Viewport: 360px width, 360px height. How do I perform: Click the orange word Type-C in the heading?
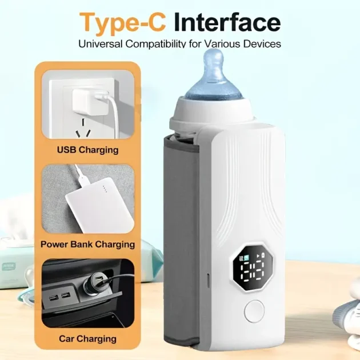[x=122, y=23]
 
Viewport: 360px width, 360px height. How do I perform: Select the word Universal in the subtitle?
[x=101, y=43]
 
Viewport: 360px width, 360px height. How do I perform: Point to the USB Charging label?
[x=87, y=150]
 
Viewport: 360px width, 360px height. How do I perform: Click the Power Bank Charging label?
[x=87, y=245]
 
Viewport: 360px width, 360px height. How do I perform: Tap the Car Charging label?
[x=87, y=339]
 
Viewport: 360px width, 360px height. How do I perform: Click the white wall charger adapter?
[x=90, y=102]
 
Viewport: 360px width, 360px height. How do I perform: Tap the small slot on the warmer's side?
[x=208, y=280]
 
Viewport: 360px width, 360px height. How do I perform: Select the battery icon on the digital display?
[x=263, y=255]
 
